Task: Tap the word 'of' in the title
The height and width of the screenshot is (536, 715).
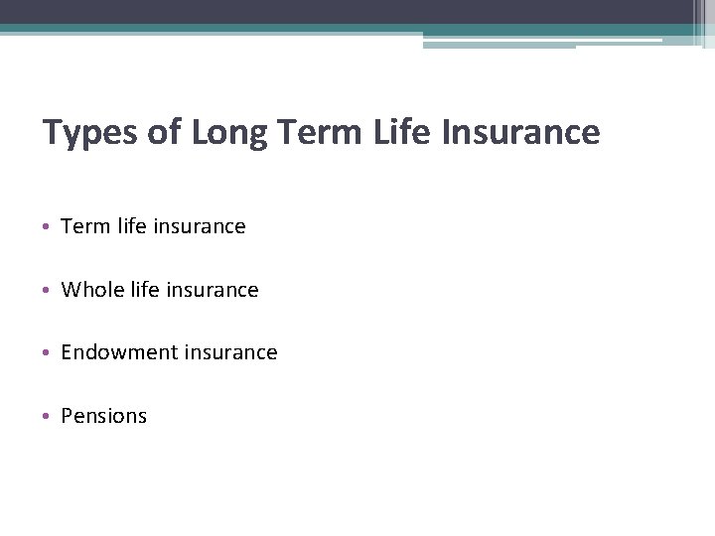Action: (165, 132)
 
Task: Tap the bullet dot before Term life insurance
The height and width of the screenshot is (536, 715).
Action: (49, 227)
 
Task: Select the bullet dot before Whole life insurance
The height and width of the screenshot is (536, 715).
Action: (49, 291)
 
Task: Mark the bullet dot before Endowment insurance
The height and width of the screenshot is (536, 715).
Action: (49, 353)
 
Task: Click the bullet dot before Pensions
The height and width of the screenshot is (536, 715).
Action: (49, 417)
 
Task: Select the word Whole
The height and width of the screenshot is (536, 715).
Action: (89, 290)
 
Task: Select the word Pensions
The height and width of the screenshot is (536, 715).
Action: (103, 416)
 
